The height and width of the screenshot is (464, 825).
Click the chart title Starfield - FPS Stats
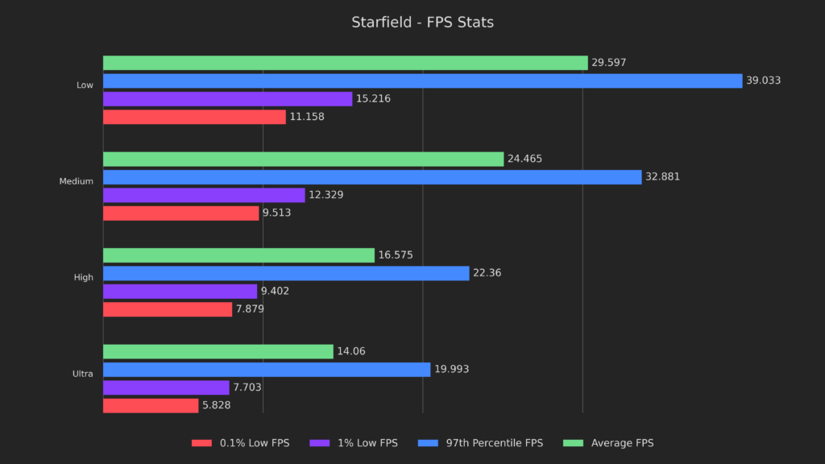click(422, 23)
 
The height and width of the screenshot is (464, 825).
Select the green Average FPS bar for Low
click(345, 63)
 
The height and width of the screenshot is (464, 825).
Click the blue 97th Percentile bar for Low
click(422, 81)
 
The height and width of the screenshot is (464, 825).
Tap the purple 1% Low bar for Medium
click(204, 195)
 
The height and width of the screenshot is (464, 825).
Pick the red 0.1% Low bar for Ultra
click(151, 405)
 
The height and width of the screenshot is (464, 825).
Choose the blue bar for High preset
click(286, 273)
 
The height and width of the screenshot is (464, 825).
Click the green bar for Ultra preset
click(218, 352)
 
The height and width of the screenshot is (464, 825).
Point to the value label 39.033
click(763, 81)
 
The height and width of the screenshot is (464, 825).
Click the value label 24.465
click(524, 159)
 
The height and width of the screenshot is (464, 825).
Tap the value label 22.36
click(487, 273)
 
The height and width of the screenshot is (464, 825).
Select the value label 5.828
click(216, 405)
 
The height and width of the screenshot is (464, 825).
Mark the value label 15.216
click(374, 98)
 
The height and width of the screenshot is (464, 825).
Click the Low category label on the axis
click(85, 85)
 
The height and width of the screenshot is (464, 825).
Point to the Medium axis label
click(76, 181)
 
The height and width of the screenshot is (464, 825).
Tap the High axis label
click(83, 278)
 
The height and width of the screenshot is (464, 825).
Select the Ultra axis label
click(82, 374)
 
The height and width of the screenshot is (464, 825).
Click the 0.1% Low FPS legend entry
click(240, 443)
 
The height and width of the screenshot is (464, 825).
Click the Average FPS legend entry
click(610, 443)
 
